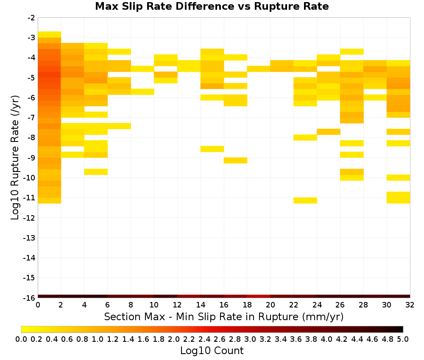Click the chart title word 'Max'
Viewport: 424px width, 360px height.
coord(107,6)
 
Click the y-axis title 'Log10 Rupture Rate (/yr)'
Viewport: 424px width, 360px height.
coord(15,158)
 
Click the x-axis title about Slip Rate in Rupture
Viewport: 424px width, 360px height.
coord(223,316)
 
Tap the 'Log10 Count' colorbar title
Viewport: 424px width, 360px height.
coord(212,351)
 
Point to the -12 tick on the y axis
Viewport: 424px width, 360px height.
coord(29,218)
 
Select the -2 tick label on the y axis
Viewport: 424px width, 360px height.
coord(31,18)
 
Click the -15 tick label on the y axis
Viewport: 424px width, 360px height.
coord(29,278)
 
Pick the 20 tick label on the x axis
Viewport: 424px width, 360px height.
coord(270,305)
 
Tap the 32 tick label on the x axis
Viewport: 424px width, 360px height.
coord(410,305)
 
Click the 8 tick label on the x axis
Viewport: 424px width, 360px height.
coord(131,305)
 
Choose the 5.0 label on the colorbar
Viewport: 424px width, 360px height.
coord(403,339)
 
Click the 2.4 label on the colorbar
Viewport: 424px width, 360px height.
coord(204,339)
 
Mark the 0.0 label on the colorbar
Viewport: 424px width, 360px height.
coord(21,339)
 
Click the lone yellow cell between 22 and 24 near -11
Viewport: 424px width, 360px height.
coord(305,200)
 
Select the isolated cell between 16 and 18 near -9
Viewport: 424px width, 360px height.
coord(235,161)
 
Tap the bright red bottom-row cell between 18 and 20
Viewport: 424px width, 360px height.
coord(259,296)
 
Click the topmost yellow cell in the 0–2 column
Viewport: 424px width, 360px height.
coord(50,35)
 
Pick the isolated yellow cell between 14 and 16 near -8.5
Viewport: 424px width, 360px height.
coord(212,149)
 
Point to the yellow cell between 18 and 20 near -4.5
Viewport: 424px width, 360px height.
coord(259,69)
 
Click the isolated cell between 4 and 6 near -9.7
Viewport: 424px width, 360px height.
coord(96,172)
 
